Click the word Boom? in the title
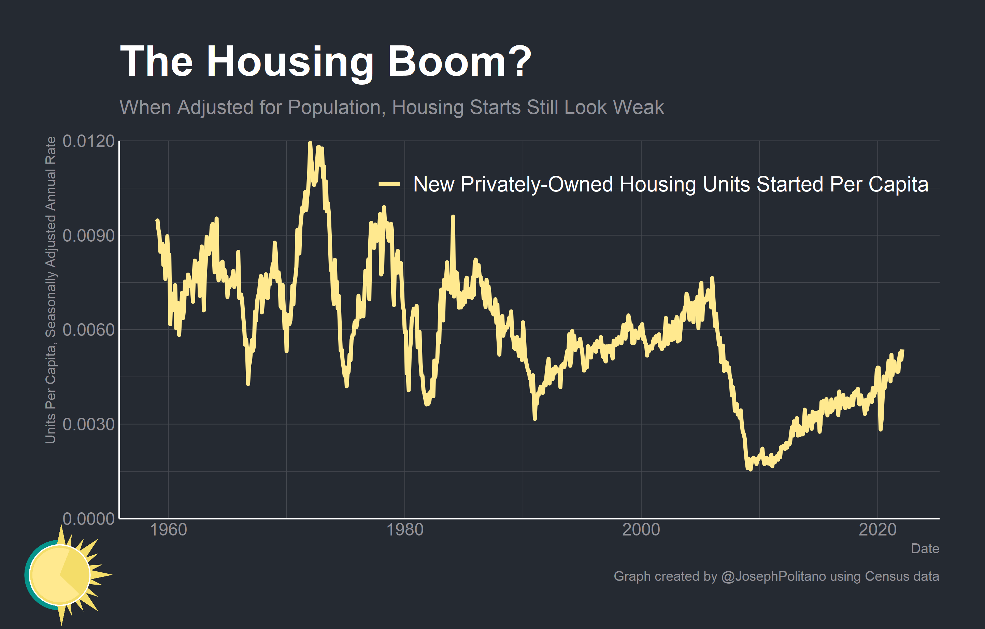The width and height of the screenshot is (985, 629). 459,61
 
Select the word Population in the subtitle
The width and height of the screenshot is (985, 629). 334,108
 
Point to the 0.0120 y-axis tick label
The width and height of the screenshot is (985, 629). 88,142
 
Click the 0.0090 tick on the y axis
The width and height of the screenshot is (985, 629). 88,235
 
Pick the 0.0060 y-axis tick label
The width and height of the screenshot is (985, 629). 88,330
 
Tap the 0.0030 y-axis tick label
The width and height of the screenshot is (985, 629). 88,424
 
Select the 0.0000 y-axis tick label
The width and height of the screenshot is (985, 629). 88,518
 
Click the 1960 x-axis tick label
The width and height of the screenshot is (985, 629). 168,530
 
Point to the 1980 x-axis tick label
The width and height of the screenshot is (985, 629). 404,530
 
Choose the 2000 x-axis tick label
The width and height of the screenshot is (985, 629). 641,530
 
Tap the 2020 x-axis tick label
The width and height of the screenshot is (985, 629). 877,530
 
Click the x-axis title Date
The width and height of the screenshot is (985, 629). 925,548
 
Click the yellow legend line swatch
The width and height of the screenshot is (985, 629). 389,184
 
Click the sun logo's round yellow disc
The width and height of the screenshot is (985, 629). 60,575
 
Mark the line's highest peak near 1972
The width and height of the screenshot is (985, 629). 310,143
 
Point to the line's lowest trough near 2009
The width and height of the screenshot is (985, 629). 750,469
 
